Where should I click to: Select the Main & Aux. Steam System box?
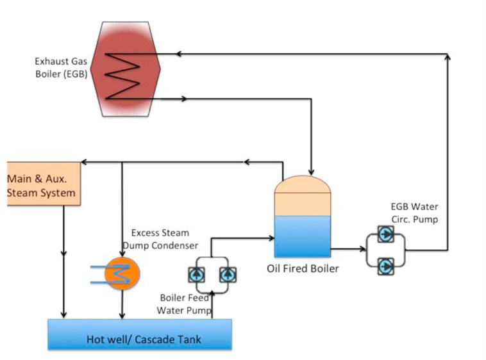pyautogui.click(x=42, y=184)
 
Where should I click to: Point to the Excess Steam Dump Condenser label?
pyautogui.click(x=164, y=238)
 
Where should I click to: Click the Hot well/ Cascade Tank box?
pyautogui.click(x=140, y=334)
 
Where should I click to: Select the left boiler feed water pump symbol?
pyautogui.click(x=196, y=275)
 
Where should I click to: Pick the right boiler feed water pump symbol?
pyautogui.click(x=227, y=275)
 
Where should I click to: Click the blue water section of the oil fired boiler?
pyautogui.click(x=303, y=236)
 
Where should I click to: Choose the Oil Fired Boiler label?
pyautogui.click(x=303, y=268)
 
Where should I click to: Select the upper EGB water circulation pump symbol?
pyautogui.click(x=385, y=234)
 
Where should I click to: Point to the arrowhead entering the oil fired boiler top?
pyautogui.click(x=311, y=172)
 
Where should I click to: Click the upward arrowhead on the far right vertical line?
pyautogui.click(x=447, y=58)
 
